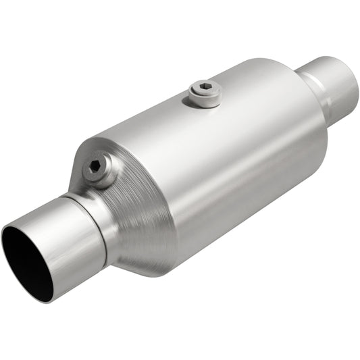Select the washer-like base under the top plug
204,99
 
